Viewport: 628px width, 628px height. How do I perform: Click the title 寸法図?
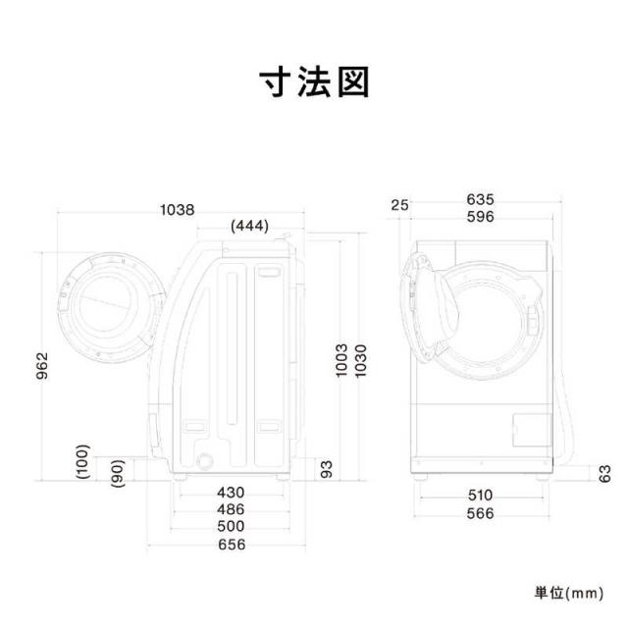point(314,82)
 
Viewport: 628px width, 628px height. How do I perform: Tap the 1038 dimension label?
point(178,210)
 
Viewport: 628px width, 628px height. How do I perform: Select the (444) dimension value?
point(249,227)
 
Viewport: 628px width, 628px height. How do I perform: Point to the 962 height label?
point(42,366)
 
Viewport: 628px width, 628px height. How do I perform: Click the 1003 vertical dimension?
point(341,360)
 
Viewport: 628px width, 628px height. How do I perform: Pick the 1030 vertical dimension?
point(360,360)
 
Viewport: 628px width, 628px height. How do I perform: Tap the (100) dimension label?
point(82,462)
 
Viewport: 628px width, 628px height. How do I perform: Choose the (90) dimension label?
point(118,473)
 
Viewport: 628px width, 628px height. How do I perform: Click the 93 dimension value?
point(327,469)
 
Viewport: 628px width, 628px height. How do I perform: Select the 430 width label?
point(231,493)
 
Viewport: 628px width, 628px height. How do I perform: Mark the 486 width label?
point(231,509)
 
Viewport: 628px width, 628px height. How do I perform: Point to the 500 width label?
point(231,526)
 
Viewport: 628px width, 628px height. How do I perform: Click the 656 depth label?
point(232,545)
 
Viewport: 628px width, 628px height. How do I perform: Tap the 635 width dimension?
point(481,199)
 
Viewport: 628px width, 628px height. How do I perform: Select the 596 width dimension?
point(481,217)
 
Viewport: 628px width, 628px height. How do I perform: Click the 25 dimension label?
point(400,205)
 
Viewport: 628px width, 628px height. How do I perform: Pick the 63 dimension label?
point(605,473)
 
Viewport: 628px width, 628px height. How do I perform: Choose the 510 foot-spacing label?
point(480,496)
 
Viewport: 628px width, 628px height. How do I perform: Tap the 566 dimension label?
point(480,513)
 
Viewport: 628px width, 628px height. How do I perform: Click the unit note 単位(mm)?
point(569,593)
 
